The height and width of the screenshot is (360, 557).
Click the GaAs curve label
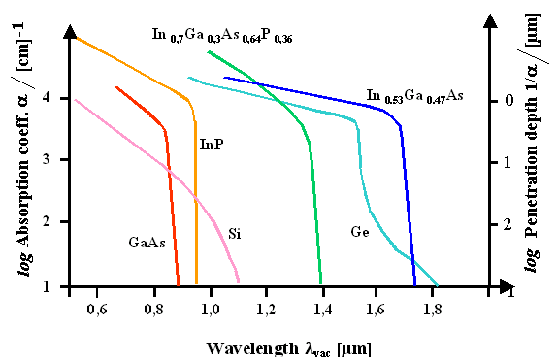(x=147, y=242)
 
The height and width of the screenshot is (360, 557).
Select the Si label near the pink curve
(x=235, y=233)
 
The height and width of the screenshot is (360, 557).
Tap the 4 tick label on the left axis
(x=61, y=98)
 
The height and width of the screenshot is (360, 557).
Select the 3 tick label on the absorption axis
(x=61, y=160)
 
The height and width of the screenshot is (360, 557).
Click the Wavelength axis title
(x=288, y=346)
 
